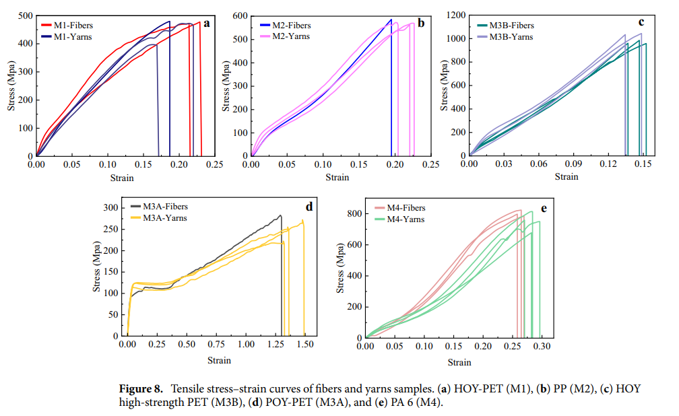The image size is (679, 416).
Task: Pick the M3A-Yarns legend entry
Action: point(164,218)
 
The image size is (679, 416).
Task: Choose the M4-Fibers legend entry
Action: point(406,208)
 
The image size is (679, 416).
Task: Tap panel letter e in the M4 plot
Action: point(543,209)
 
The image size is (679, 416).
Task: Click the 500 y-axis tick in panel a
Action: point(24,15)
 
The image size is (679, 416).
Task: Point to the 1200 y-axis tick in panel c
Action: point(455,15)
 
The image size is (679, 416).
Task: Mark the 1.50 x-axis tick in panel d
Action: point(306,345)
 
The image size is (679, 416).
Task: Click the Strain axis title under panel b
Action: point(337,178)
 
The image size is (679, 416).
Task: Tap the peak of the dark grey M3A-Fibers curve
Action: point(280,215)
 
